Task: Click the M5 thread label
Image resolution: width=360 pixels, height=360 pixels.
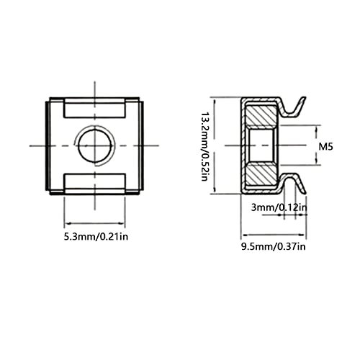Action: click(325, 146)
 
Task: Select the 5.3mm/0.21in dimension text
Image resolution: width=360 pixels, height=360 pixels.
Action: click(96, 237)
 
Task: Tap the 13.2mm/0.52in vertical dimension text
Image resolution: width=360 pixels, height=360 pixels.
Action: click(204, 146)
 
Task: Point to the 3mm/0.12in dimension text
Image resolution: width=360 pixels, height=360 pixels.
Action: click(279, 207)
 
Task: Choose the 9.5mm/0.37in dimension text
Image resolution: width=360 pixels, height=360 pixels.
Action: click(274, 246)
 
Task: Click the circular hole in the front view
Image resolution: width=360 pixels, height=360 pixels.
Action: click(95, 145)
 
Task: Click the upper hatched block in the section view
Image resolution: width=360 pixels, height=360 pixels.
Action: click(262, 116)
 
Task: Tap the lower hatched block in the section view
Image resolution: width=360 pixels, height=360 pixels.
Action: click(262, 174)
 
